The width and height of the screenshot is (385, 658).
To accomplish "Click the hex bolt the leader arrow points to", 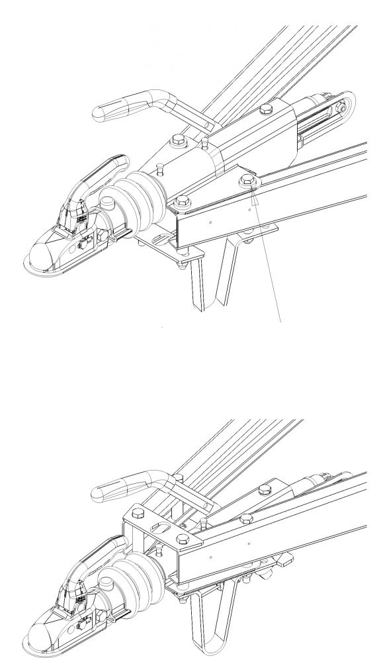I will (x=247, y=177).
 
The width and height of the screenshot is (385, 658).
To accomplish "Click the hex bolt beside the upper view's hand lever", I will (x=179, y=142).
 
